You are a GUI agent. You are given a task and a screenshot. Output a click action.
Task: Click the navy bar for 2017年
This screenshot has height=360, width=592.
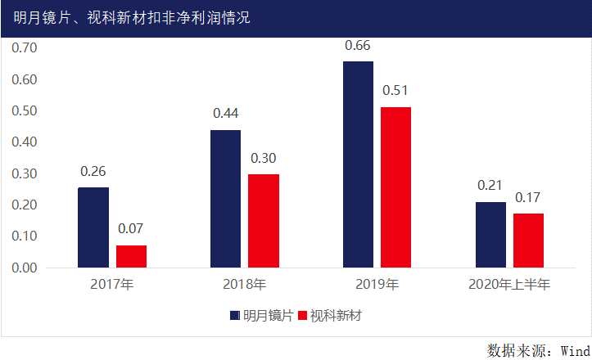click(x=93, y=227)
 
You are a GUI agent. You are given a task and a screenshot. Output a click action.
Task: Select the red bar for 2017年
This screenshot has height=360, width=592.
click(x=131, y=256)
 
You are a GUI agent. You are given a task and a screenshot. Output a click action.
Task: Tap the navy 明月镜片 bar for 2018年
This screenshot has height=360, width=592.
click(x=226, y=199)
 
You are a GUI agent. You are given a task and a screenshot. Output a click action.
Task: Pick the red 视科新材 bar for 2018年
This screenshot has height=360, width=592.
click(x=264, y=221)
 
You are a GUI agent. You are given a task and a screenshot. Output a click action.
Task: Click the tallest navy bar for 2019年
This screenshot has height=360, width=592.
click(x=358, y=164)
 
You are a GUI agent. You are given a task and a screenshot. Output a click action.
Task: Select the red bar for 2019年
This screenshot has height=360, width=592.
click(x=395, y=187)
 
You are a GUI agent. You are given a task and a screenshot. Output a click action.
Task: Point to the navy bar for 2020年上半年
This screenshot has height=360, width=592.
click(x=490, y=235)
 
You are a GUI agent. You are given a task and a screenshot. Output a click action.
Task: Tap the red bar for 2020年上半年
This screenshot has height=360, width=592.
click(x=528, y=241)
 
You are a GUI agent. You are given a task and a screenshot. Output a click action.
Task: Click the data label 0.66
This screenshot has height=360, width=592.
click(x=358, y=45)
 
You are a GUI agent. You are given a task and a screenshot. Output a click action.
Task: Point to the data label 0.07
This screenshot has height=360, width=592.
click(x=131, y=229)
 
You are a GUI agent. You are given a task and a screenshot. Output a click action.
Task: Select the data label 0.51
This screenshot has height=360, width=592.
click(x=395, y=91)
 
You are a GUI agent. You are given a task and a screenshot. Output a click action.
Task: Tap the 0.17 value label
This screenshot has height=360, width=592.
click(x=528, y=197)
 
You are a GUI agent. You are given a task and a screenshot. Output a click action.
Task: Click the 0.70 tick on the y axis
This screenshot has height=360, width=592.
click(x=25, y=47)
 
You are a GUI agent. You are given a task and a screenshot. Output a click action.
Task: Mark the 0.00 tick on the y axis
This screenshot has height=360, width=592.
click(x=25, y=268)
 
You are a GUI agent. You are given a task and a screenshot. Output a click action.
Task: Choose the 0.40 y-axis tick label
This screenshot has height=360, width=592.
click(x=25, y=142)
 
